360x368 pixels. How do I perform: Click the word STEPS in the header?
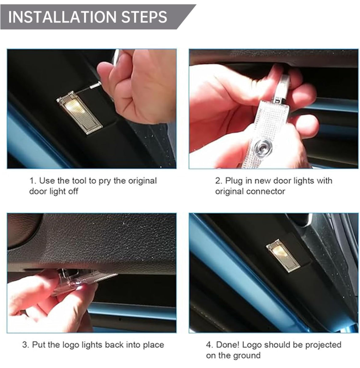144,17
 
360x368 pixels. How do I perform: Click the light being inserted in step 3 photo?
77,281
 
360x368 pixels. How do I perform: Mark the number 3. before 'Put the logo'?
26,344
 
